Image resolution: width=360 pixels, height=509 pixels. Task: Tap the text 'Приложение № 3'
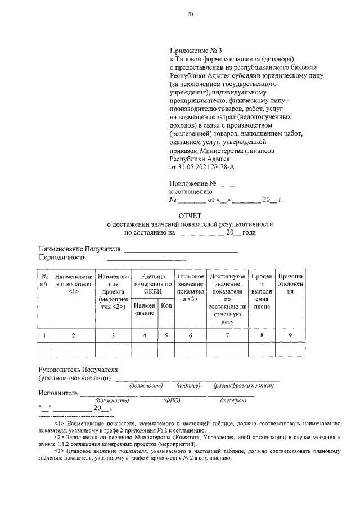(192, 50)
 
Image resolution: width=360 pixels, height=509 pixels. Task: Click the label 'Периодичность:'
(63, 257)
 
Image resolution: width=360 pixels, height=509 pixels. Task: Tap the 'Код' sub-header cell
(166, 305)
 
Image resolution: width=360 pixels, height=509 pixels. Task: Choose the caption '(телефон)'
(231, 400)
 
